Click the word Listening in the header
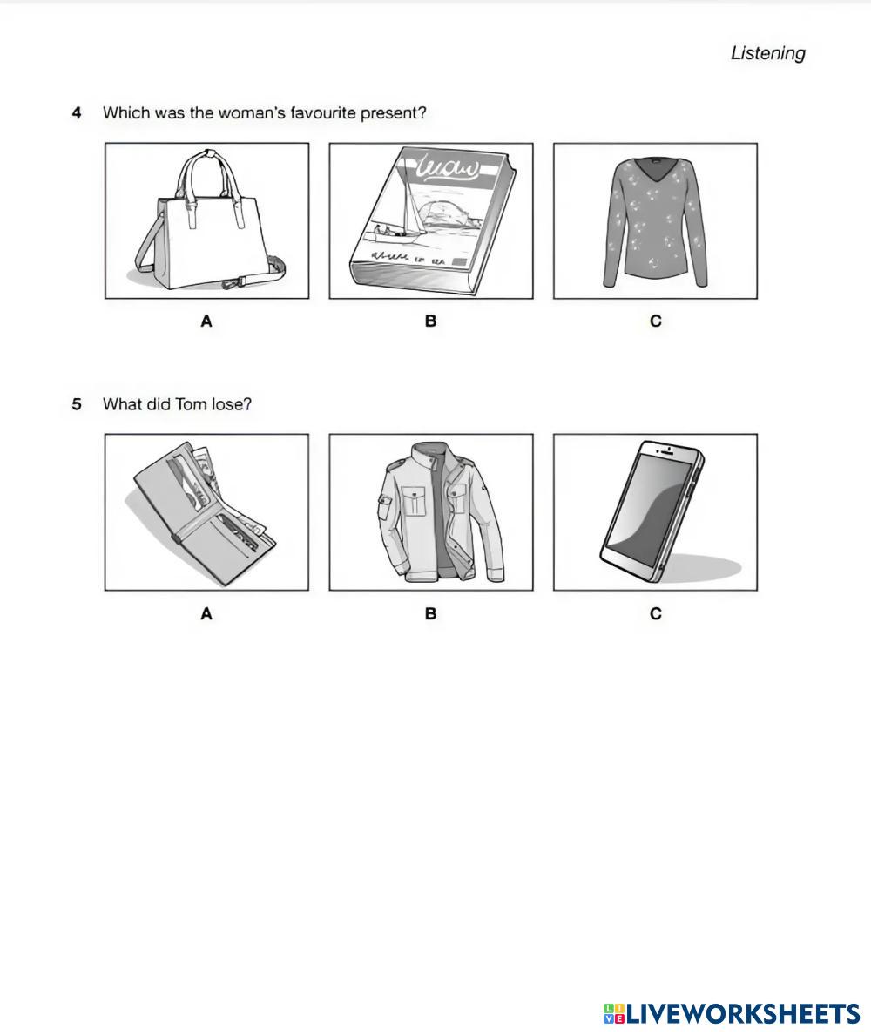pyautogui.click(x=767, y=53)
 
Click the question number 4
pyautogui.click(x=78, y=112)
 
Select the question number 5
pyautogui.click(x=78, y=404)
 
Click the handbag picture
pyautogui.click(x=206, y=221)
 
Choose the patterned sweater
pyautogui.click(x=655, y=221)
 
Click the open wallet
pyautogui.click(x=206, y=512)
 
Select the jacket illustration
pyautogui.click(x=431, y=512)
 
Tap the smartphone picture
pyautogui.click(x=655, y=512)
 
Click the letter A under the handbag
pyautogui.click(x=206, y=321)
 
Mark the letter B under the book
pyautogui.click(x=430, y=321)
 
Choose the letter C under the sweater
pyautogui.click(x=655, y=321)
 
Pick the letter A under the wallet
pyautogui.click(x=206, y=614)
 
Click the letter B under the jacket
pyautogui.click(x=430, y=614)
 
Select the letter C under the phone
pyautogui.click(x=655, y=614)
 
